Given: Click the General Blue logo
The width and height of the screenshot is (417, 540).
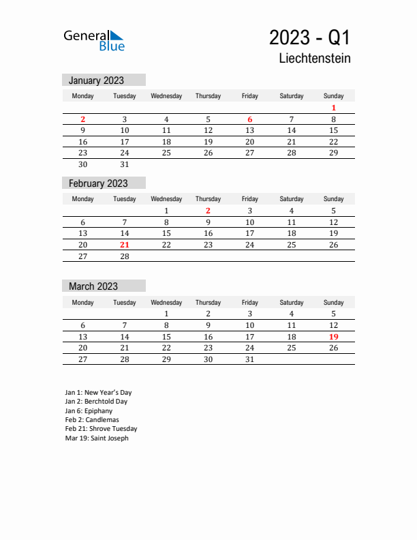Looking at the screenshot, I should coord(94,40).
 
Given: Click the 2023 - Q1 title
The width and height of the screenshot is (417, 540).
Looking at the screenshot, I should coord(309,37).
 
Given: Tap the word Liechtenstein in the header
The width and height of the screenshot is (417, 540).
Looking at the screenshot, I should coord(315,59).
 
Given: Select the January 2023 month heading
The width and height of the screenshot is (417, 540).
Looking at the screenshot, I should coord(96,80).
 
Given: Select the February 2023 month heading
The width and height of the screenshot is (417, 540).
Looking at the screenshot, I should coord(98,183).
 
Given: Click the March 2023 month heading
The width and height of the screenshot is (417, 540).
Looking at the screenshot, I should coord(93,286).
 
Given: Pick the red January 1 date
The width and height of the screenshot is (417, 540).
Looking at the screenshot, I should coord(334,108).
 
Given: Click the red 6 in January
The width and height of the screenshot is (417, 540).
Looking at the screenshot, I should coord(250,119).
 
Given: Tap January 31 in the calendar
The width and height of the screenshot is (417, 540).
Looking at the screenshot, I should coord(125,164).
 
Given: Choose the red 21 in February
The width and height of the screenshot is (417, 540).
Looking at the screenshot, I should coord(125,245).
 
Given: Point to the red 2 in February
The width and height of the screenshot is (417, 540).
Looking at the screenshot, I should coord(208,211).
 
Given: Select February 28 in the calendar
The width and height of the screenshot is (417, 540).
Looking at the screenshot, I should coord(125,256).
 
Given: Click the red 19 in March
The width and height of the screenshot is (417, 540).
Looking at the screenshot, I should coord(334,337).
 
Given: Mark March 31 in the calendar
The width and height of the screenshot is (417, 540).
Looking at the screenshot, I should coord(250,359).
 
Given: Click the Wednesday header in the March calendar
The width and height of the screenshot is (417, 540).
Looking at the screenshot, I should coord(166,303).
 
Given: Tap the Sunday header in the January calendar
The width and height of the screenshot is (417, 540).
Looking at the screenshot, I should coord(334,96).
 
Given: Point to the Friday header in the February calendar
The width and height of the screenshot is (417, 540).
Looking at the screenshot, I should coord(250,199).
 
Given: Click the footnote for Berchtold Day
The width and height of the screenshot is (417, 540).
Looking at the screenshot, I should coord(96,402).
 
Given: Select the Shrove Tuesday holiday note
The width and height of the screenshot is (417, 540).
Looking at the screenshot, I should coord(101,429).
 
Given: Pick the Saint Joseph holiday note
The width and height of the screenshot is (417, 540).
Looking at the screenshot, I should coord(97,438).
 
